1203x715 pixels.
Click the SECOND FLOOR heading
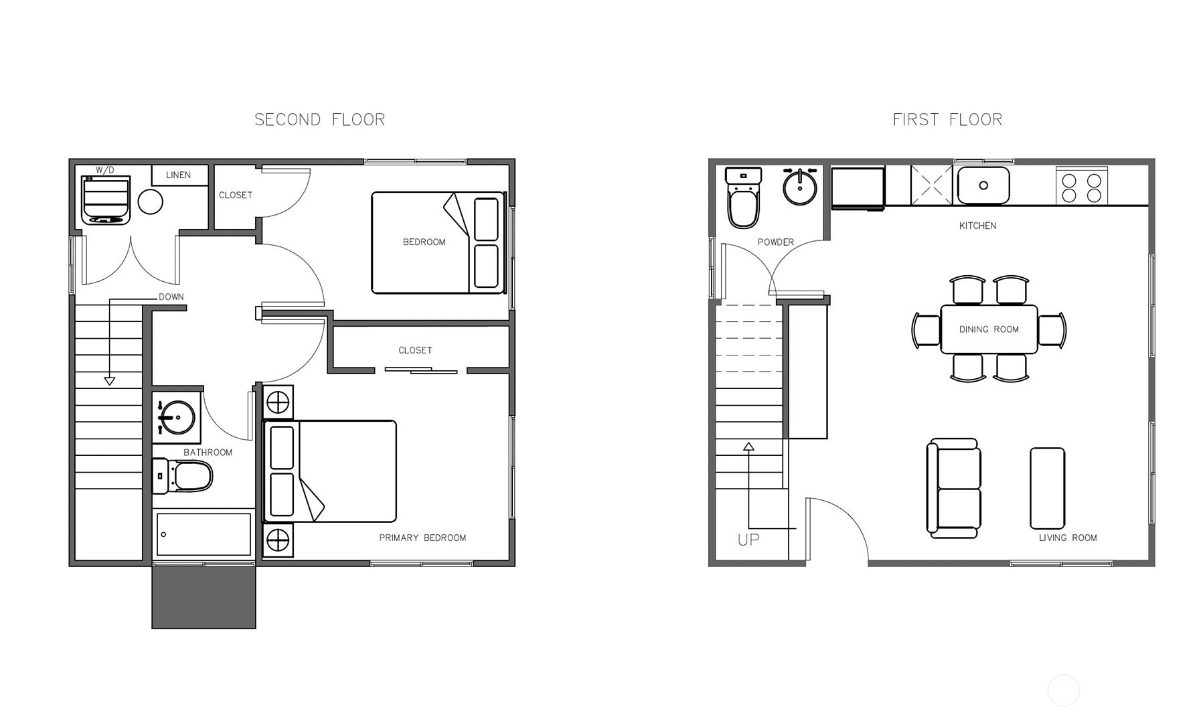click(319, 120)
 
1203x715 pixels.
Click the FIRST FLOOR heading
click(947, 120)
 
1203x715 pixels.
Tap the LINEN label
click(178, 175)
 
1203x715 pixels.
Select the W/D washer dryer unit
click(105, 200)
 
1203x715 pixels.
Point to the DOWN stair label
click(171, 297)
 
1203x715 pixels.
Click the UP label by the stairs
click(748, 540)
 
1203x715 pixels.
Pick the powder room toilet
click(743, 198)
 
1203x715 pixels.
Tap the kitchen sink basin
click(983, 185)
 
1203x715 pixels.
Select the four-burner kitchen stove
click(1081, 187)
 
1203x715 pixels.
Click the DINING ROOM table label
click(989, 329)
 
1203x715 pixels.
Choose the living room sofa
click(954, 489)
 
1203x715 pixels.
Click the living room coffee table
click(1047, 489)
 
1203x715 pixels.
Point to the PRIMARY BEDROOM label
click(422, 538)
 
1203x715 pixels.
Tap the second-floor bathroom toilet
click(182, 476)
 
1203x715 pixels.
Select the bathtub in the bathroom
click(204, 534)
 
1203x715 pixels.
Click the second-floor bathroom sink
click(177, 418)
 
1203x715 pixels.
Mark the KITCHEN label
click(977, 226)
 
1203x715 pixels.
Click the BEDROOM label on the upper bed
click(424, 242)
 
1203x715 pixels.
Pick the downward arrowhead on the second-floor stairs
click(110, 381)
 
